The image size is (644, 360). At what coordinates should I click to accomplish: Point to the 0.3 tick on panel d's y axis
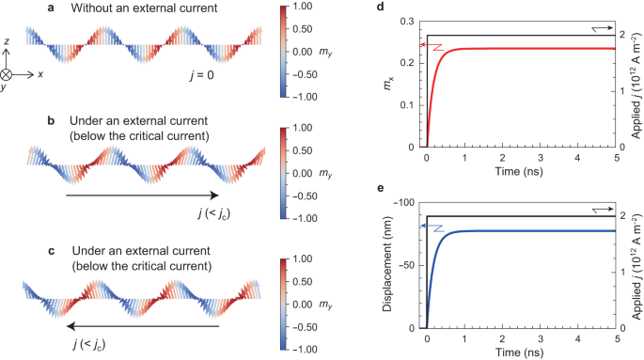pos(411,20)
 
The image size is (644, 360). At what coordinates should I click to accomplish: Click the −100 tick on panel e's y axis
pos(407,201)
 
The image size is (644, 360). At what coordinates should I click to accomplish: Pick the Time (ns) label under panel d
pos(522,172)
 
